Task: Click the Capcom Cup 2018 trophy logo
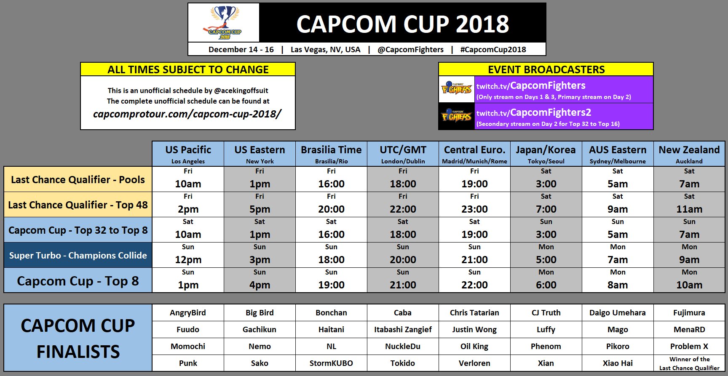(x=224, y=23)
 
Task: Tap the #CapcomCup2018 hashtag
(x=493, y=49)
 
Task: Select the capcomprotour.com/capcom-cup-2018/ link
(x=187, y=114)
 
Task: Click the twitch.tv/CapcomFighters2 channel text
(x=534, y=112)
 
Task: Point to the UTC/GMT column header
(x=403, y=150)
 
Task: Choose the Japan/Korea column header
(x=546, y=150)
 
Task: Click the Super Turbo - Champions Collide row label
(x=78, y=255)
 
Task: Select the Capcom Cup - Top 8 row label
(x=78, y=281)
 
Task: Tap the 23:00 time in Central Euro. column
(x=474, y=209)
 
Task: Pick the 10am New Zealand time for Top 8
(x=689, y=285)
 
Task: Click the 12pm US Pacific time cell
(x=188, y=260)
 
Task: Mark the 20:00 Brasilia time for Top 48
(x=331, y=209)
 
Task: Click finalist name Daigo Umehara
(x=617, y=312)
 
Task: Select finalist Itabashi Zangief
(x=403, y=329)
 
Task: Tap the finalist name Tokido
(x=403, y=363)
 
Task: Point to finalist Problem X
(x=689, y=346)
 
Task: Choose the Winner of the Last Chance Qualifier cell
(x=689, y=363)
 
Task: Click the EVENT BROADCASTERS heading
(x=546, y=69)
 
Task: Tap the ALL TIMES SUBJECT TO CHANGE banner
(x=188, y=69)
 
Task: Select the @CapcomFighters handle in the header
(x=410, y=49)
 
